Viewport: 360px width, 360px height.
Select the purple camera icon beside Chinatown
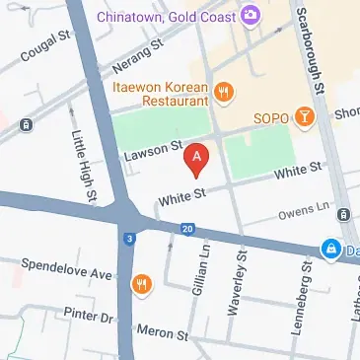[251, 15]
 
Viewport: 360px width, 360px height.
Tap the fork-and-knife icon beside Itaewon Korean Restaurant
[224, 93]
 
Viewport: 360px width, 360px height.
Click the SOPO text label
[270, 118]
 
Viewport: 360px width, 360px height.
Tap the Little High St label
[85, 162]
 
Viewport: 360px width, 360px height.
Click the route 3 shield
[129, 238]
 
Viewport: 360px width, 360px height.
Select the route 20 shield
[187, 229]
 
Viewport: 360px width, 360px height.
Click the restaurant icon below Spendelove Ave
[143, 286]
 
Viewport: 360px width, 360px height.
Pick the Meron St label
[162, 333]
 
